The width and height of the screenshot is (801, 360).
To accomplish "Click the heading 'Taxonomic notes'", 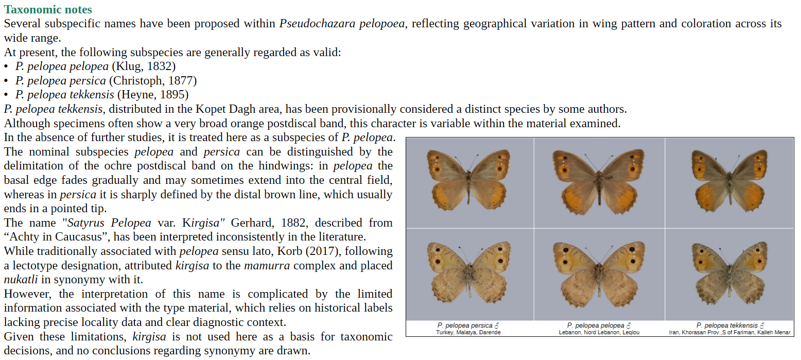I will (x=48, y=9).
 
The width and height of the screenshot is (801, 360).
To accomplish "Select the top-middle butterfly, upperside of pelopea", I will (x=599, y=180).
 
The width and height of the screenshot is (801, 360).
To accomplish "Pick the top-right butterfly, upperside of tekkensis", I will (x=729, y=180).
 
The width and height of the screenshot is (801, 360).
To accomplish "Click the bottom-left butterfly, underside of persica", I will (x=468, y=273).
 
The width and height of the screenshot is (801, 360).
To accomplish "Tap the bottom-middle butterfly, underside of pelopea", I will (x=599, y=273).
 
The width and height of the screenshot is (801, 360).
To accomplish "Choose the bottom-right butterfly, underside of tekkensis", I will (x=729, y=273).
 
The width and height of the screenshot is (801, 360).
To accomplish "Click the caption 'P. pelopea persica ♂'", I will (x=468, y=325).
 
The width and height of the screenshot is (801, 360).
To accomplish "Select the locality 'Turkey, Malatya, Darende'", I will (x=468, y=333).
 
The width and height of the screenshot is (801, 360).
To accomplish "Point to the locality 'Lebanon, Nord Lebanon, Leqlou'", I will (x=599, y=333).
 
